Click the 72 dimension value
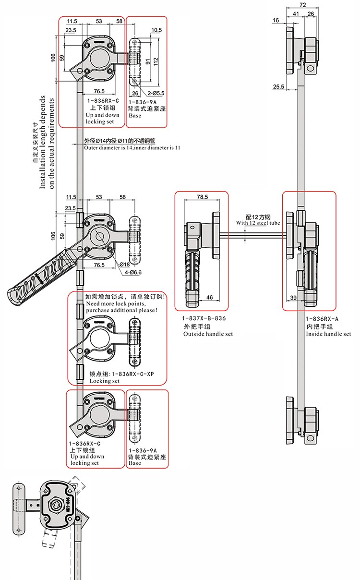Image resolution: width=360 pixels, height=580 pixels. coord(303,5)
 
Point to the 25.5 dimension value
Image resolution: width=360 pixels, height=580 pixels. coord(278,86)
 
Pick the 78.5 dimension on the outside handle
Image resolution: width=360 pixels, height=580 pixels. coord(203,197)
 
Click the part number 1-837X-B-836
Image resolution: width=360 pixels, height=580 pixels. coord(203,318)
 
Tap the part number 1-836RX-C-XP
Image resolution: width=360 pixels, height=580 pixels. coord(129,374)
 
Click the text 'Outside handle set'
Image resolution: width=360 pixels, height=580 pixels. coord(208,334)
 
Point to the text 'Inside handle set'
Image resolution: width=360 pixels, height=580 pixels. coord(328,334)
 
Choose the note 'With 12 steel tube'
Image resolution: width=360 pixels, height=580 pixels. coord(257,223)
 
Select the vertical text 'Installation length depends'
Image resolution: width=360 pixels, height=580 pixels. coord(43,142)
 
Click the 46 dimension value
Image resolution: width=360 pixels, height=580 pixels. coord(210,298)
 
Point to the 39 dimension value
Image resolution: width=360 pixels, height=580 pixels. coord(293,298)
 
